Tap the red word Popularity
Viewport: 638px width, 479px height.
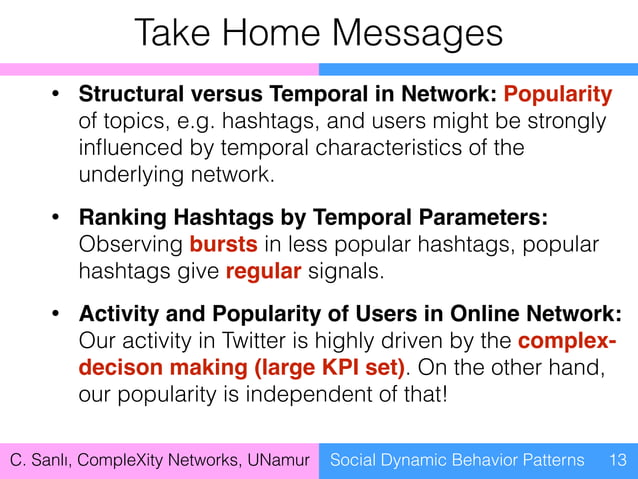[x=558, y=95]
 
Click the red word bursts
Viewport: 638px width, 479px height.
[x=221, y=246]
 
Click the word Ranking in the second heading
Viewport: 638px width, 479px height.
[x=119, y=219]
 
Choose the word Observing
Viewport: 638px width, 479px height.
[x=130, y=246]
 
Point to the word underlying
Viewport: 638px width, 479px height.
[x=128, y=174]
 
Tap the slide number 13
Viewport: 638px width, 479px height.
[x=617, y=460]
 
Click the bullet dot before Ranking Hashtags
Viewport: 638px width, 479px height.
[x=58, y=219]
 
